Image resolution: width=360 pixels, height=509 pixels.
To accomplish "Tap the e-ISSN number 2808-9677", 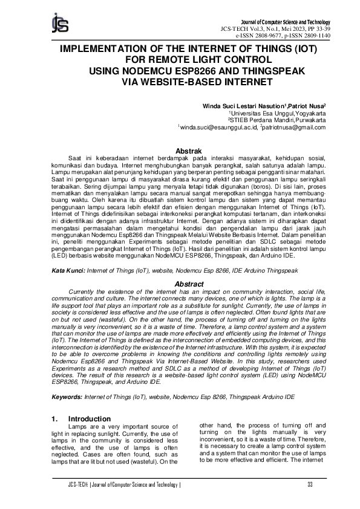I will pyautogui.click(x=263, y=35).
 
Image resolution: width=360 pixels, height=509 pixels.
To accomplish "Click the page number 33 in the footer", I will pyautogui.click(x=309, y=484).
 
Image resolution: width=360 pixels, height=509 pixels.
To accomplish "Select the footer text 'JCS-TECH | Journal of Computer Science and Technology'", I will pyautogui.click(x=124, y=484).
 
